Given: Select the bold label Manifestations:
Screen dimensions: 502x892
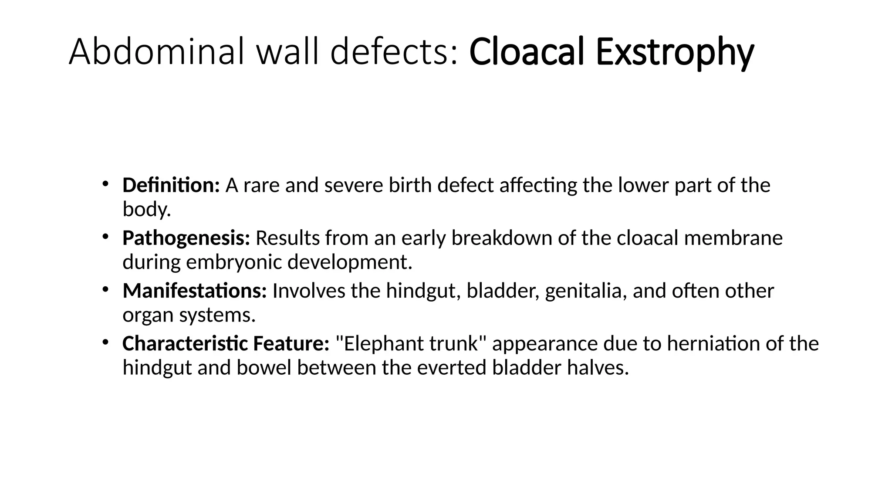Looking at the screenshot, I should tap(194, 291).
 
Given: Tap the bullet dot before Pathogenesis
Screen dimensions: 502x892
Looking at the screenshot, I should tap(105, 236).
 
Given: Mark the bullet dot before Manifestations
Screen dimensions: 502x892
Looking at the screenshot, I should tap(105, 289).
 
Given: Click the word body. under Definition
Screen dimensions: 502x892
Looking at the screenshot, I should tap(147, 210).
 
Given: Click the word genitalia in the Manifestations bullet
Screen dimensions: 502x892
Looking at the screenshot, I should tap(586, 291).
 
